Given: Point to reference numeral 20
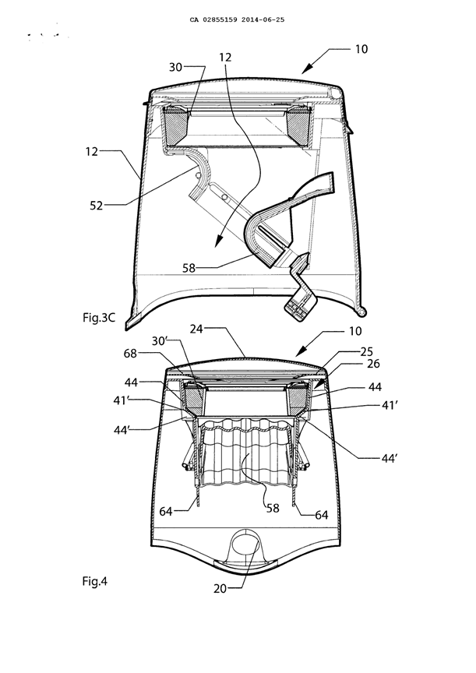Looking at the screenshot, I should pos(220,588).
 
